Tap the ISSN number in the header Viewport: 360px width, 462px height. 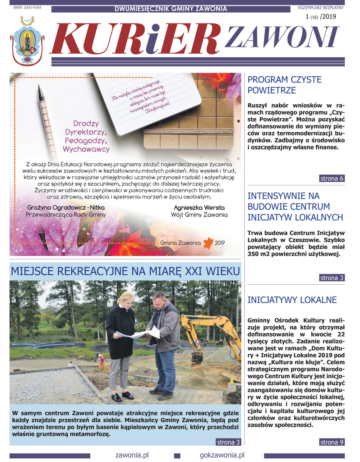(27, 8)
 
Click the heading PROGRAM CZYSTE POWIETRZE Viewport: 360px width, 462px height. (285, 85)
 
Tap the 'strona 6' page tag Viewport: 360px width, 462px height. (332, 178)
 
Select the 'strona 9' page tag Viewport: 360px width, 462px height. (332, 442)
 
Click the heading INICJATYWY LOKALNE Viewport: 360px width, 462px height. (292, 300)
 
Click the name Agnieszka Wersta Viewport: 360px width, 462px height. (199, 208)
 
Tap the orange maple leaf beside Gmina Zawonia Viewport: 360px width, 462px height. (208, 243)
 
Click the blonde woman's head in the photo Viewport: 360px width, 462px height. (126, 300)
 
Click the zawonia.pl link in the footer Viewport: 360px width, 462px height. (132, 455)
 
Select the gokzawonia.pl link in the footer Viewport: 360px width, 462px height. (222, 455)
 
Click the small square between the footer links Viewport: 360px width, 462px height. (177, 456)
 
